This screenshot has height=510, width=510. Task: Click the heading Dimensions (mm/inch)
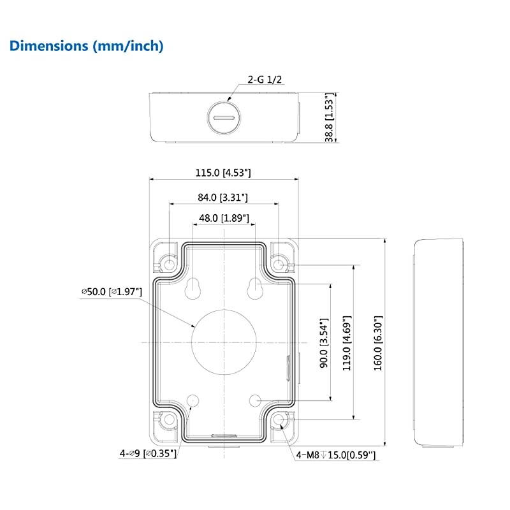86,46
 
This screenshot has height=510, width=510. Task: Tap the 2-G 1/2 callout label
265,79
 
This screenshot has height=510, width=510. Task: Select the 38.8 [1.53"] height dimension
329,117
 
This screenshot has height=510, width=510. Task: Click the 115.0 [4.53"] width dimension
223,172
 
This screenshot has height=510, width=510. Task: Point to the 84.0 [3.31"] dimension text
222,197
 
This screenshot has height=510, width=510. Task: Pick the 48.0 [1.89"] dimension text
224,218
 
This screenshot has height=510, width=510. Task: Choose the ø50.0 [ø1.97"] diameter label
112,291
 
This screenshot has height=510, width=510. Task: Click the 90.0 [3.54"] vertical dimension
324,343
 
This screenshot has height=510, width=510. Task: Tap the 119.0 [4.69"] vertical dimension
347,343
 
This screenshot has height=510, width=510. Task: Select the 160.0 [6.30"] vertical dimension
378,343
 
